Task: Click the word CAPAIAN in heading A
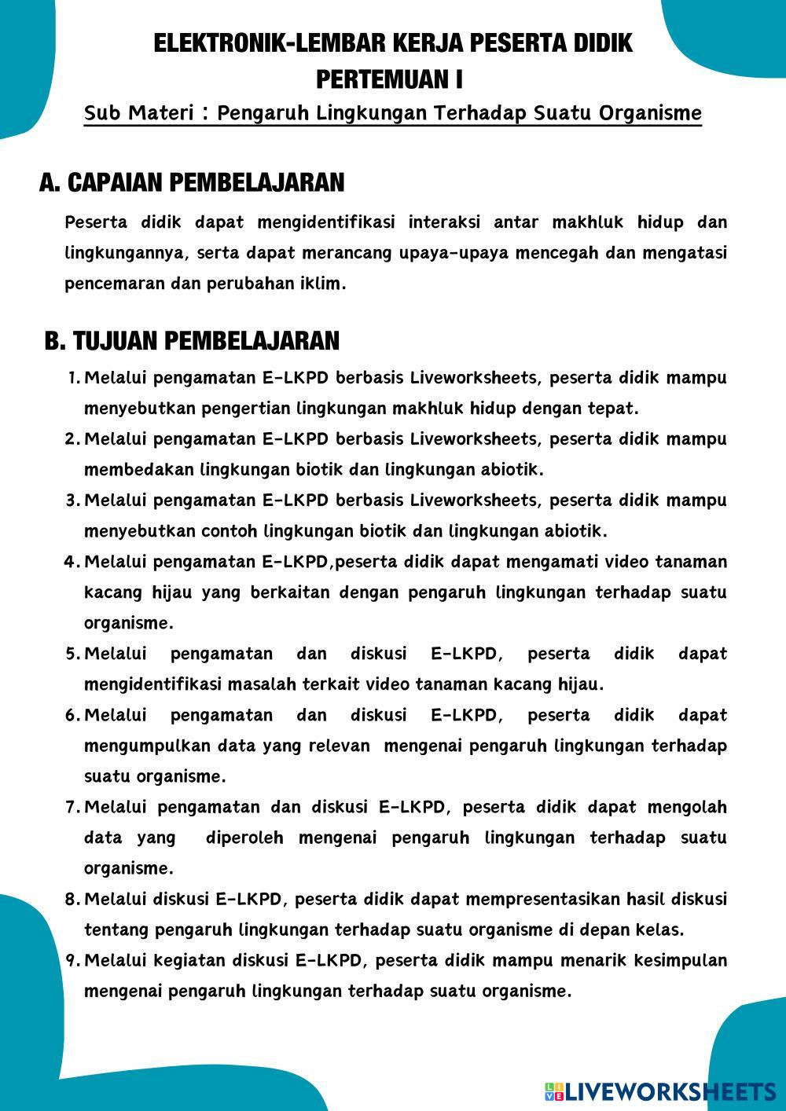114,182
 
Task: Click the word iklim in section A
322,284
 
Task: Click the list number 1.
74,378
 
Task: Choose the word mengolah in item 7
687,807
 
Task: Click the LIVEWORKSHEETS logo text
669,1091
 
